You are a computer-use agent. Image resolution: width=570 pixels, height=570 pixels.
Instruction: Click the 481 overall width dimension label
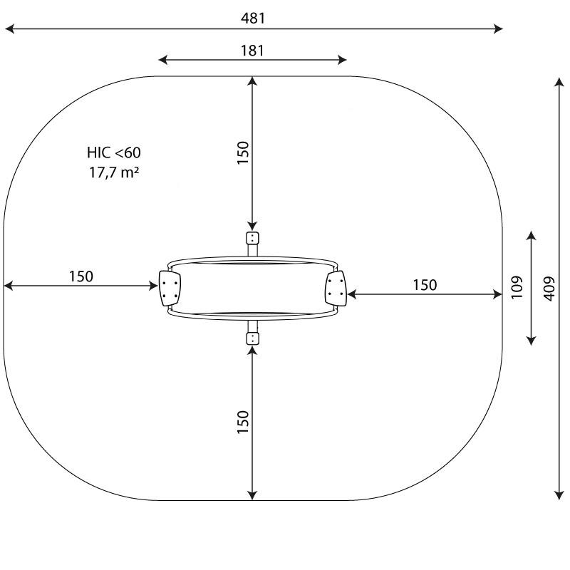pyautogui.click(x=253, y=19)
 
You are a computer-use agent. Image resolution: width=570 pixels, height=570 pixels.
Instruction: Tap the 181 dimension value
pyautogui.click(x=253, y=51)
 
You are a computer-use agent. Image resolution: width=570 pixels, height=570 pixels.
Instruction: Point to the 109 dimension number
pyautogui.click(x=517, y=288)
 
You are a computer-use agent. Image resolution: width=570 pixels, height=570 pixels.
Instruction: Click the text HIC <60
pyautogui.click(x=114, y=152)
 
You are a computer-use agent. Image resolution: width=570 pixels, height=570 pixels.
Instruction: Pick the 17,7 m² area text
pyautogui.click(x=114, y=172)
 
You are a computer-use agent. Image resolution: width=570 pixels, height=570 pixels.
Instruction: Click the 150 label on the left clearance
pyautogui.click(x=81, y=276)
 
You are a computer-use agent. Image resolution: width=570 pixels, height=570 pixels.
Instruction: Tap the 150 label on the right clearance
pyautogui.click(x=425, y=285)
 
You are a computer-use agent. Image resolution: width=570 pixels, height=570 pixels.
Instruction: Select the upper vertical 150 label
pyautogui.click(x=243, y=152)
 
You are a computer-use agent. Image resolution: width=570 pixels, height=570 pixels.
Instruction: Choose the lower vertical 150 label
pyautogui.click(x=243, y=422)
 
